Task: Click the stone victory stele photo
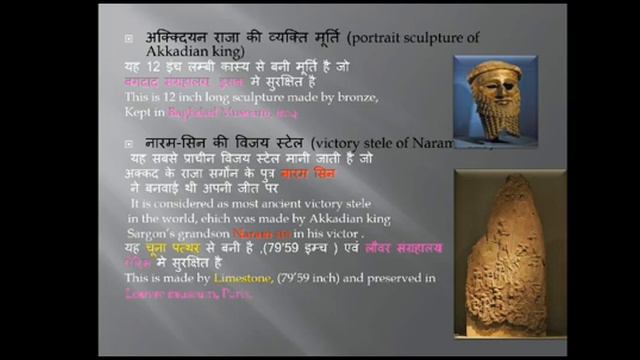point(498,255)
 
